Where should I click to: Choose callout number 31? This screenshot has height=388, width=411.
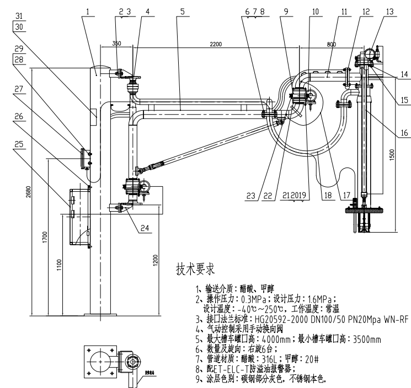(x=19, y=14)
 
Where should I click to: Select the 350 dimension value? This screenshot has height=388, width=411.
(x=116, y=43)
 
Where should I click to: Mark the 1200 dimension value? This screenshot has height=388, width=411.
(x=156, y=257)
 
